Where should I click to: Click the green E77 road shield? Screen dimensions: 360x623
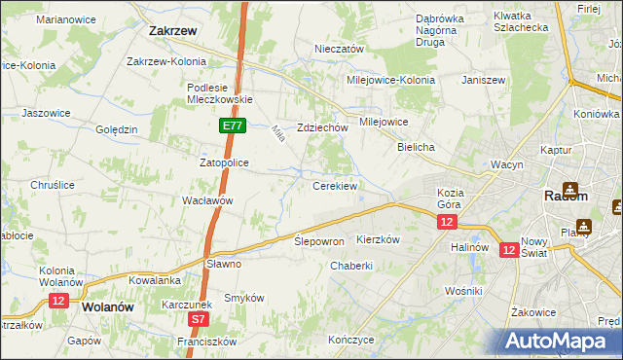click(x=232, y=126)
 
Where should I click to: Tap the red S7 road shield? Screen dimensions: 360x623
click(x=198, y=318)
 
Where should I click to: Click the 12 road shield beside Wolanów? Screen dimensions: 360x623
click(x=57, y=302)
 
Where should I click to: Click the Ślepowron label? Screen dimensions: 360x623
click(x=319, y=241)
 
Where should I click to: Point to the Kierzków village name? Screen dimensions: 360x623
click(x=380, y=239)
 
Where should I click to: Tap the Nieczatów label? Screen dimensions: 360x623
click(x=339, y=49)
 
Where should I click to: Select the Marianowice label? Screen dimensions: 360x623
click(x=63, y=18)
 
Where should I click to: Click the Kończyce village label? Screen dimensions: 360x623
click(x=350, y=340)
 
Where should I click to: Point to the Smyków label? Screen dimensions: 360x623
click(x=244, y=298)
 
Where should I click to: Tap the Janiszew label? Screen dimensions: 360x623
click(x=487, y=80)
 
